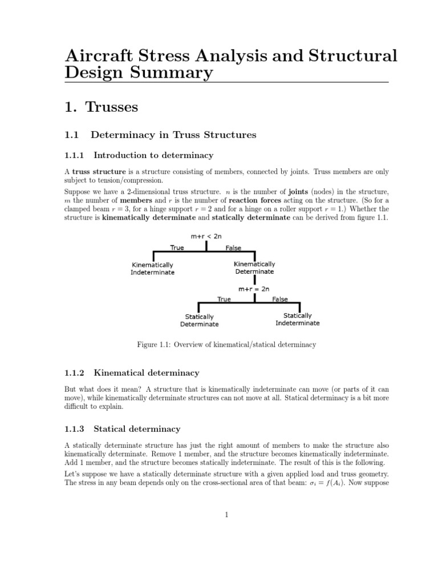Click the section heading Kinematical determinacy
click(146, 373)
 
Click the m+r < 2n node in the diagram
click(205, 235)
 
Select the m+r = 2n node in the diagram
click(254, 289)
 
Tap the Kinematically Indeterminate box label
click(153, 269)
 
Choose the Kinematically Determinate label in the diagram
click(254, 267)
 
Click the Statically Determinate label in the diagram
click(199, 321)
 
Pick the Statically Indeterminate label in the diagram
click(297, 319)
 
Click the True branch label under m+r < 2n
click(177, 248)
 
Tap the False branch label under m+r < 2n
click(233, 248)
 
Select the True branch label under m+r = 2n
click(224, 299)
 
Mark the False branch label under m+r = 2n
click(280, 299)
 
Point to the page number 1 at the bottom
click(226, 514)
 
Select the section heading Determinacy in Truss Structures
click(175, 135)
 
